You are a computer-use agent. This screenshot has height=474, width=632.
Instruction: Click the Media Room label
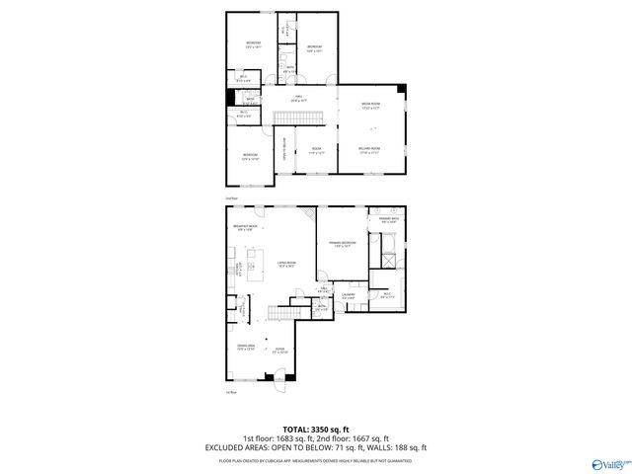point(371,105)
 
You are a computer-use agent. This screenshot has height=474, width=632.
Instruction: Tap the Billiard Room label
point(370,149)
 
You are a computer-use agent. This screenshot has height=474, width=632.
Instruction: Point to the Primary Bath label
point(387,220)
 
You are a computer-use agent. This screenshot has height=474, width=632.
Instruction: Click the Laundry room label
point(349,295)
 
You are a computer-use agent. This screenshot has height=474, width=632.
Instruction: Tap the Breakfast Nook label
point(247,227)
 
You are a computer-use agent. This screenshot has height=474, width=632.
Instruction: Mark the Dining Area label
point(246,347)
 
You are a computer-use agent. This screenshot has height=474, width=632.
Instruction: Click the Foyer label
point(280,349)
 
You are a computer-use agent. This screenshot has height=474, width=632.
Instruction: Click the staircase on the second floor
point(299,118)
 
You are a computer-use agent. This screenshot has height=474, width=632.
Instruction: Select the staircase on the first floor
point(284,313)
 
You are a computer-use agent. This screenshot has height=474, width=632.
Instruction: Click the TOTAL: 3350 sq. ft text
point(316,431)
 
